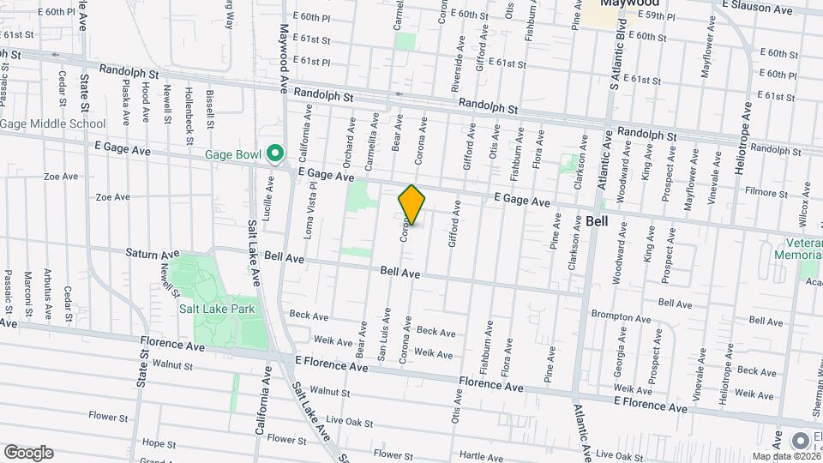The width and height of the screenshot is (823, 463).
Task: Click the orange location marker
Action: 412,205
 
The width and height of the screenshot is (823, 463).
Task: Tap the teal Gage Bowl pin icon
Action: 274,154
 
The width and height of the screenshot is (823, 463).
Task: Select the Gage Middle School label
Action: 52,123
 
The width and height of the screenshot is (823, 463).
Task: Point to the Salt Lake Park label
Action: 218,310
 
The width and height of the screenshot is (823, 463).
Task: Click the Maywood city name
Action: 623,4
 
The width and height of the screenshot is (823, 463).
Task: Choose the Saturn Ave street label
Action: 153,254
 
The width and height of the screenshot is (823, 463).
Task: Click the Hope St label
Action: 159,443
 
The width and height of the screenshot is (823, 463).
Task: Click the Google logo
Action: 28,452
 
